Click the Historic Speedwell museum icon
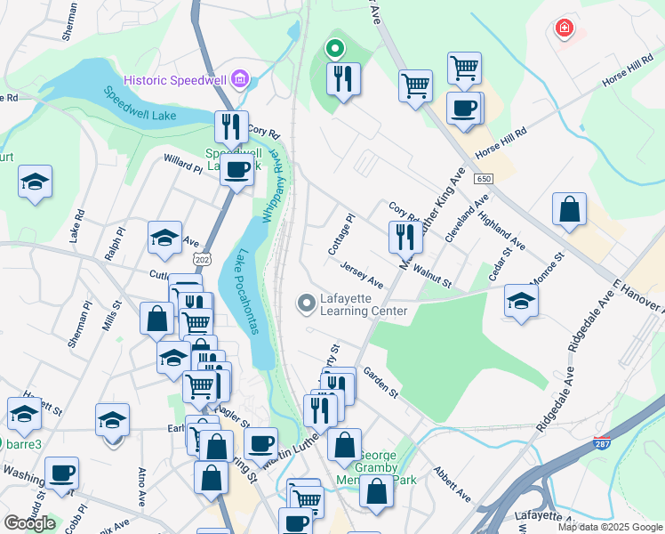[237, 80]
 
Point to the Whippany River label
[274, 186]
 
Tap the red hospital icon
[563, 29]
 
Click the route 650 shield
[483, 179]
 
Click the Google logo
[29, 522]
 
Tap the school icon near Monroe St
[521, 300]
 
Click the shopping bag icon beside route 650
[569, 210]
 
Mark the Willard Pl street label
[183, 163]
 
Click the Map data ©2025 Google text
[610, 526]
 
